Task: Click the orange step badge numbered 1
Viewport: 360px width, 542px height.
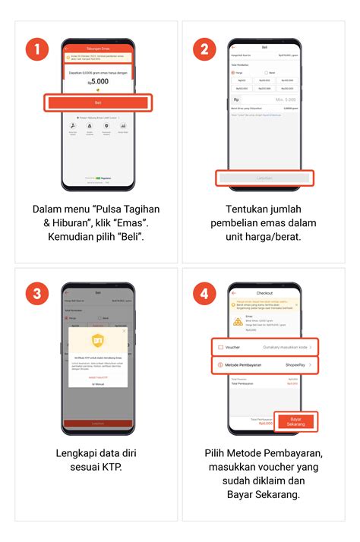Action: [38, 51]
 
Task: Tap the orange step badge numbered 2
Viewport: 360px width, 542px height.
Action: [204, 51]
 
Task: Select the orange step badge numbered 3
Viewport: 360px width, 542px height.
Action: [38, 294]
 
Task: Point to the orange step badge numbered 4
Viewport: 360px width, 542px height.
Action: [204, 294]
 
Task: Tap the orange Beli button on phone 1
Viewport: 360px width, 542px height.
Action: [98, 102]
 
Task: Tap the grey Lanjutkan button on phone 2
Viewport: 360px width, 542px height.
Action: [264, 178]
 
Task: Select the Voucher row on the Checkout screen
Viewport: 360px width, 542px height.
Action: [264, 347]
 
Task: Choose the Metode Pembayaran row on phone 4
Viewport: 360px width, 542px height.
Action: [264, 366]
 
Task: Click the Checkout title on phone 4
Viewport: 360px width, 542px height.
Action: [264, 292]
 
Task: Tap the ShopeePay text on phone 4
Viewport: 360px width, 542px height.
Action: [297, 366]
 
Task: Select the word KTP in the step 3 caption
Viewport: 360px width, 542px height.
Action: [110, 466]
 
